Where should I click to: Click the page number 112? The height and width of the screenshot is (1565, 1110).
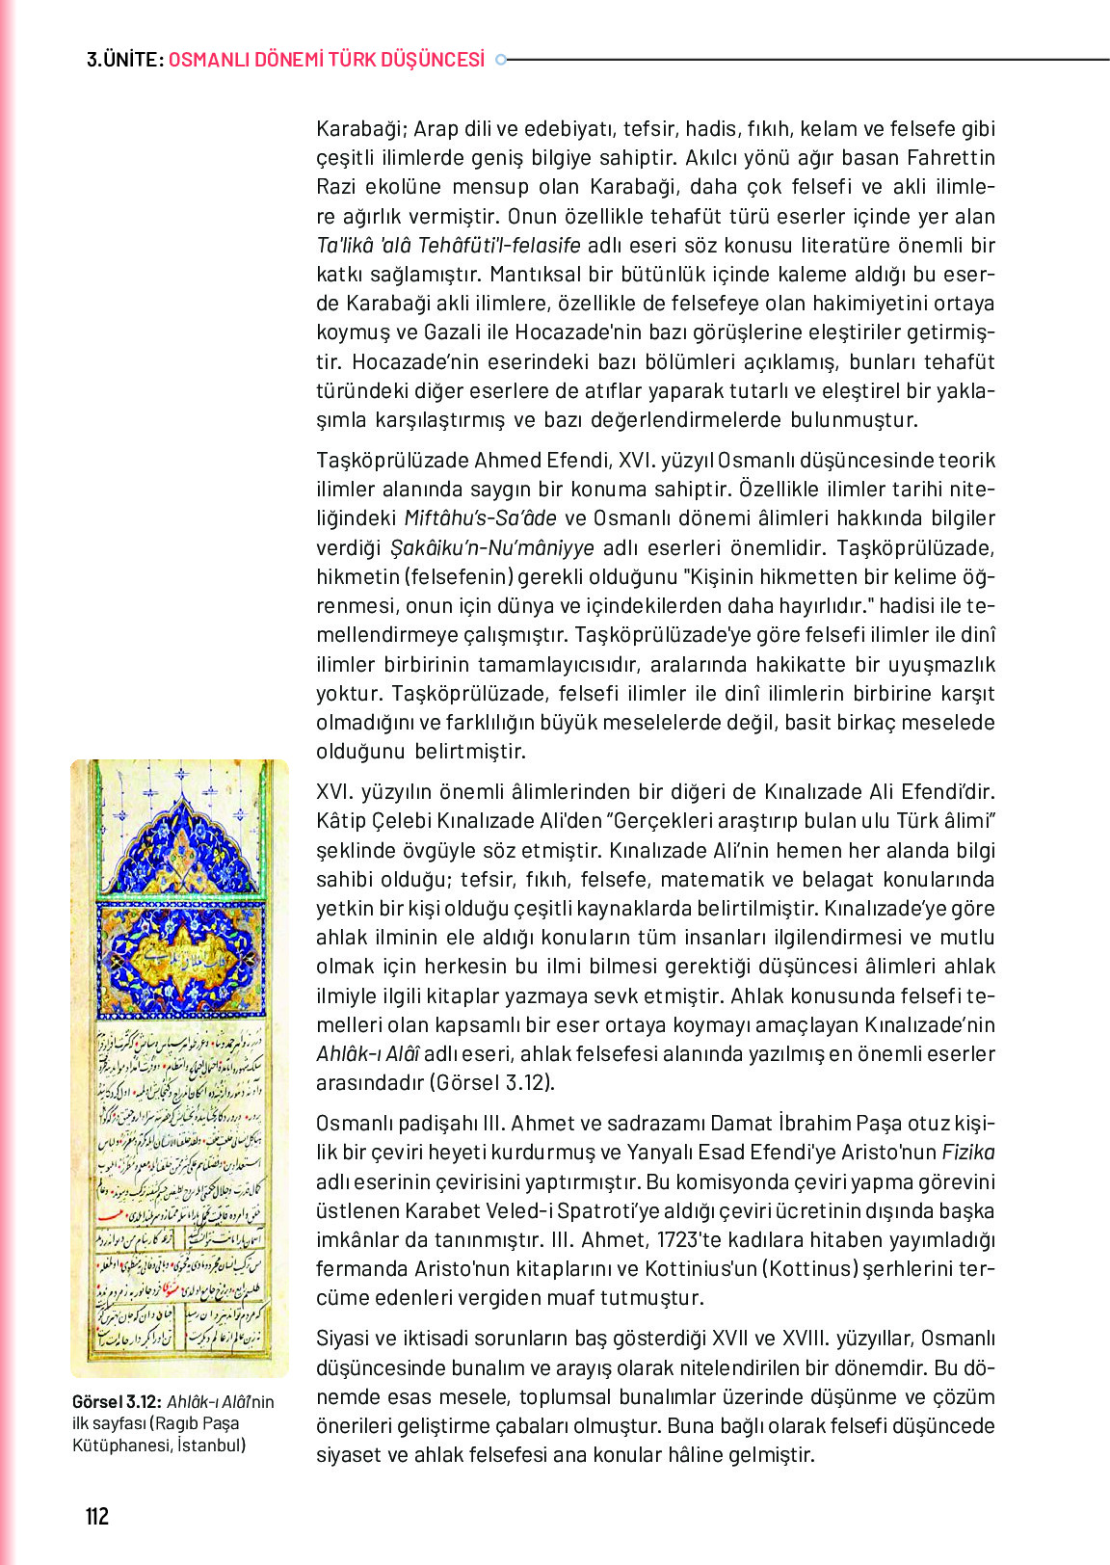97,1516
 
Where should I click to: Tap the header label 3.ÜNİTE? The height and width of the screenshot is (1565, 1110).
124,60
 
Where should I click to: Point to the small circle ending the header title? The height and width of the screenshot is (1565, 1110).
500,60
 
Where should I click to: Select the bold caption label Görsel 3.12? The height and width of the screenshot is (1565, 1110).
117,1402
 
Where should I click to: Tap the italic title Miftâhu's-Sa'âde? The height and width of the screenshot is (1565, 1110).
480,518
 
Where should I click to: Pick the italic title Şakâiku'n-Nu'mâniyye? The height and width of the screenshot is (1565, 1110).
491,547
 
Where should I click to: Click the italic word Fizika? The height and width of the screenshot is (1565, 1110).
967,1153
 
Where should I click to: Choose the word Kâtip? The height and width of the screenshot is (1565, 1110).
344,821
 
